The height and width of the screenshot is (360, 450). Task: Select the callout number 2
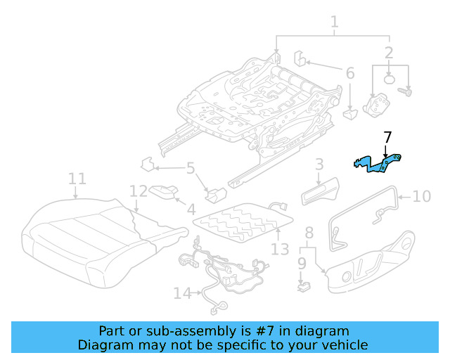[389, 53]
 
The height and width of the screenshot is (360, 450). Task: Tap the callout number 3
[319, 165]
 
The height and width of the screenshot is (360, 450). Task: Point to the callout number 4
[191, 209]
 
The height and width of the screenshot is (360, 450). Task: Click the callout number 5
[191, 168]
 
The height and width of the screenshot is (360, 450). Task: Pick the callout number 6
[349, 73]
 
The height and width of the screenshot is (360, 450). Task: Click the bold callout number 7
[387, 139]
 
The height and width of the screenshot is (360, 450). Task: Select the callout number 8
[308, 233]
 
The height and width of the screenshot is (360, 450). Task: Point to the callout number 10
[421, 196]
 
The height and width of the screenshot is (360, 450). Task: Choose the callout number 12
[139, 191]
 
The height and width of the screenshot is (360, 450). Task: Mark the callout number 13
[279, 249]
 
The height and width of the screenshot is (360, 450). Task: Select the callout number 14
[182, 293]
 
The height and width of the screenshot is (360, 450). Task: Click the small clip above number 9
[303, 285]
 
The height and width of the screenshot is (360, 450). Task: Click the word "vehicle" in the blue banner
[342, 345]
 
